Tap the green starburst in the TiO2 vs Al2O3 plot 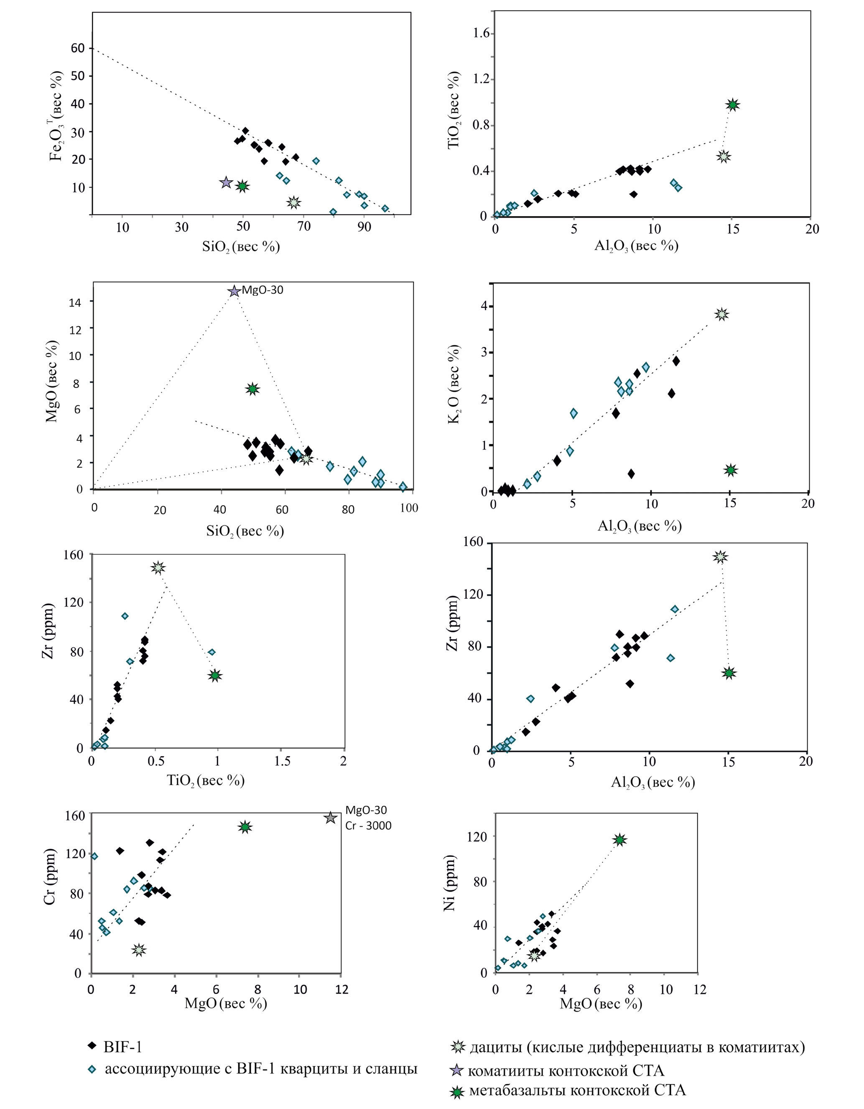click(732, 105)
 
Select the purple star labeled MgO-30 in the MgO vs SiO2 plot click(234, 291)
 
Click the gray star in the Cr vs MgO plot click(331, 818)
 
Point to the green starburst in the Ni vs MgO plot click(620, 840)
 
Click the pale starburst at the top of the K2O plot click(722, 314)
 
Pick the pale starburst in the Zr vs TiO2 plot click(158, 568)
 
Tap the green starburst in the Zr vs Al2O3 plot click(729, 673)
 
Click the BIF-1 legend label click(123, 1047)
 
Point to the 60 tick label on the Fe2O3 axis click(78, 48)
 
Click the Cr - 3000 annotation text click(368, 825)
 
